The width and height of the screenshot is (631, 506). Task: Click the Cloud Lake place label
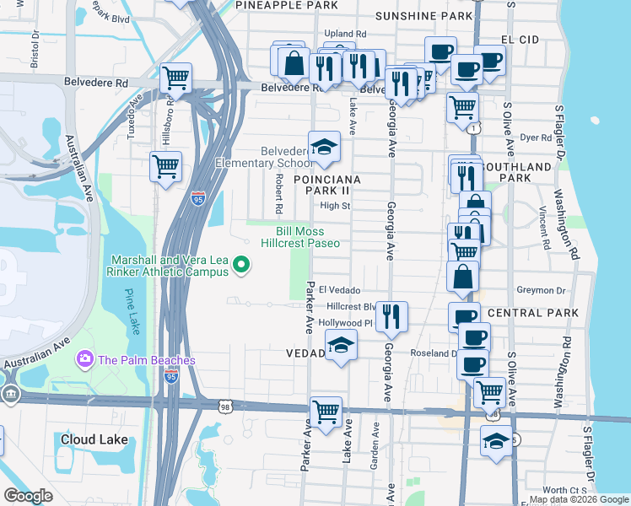(94, 439)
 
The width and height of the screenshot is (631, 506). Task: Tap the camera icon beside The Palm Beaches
(85, 360)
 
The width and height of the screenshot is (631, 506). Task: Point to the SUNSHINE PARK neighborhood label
(423, 16)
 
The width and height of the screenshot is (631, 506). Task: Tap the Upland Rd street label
(345, 34)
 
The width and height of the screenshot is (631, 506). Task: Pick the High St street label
(335, 206)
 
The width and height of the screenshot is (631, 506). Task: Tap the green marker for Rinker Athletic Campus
(242, 266)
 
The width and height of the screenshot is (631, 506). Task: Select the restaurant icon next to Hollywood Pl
(391, 315)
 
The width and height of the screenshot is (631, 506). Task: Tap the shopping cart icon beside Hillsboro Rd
(165, 165)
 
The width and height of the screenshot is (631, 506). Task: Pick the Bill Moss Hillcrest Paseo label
(299, 237)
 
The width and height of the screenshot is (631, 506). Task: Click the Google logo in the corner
(28, 496)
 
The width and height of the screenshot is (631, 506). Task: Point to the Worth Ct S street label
(564, 490)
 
